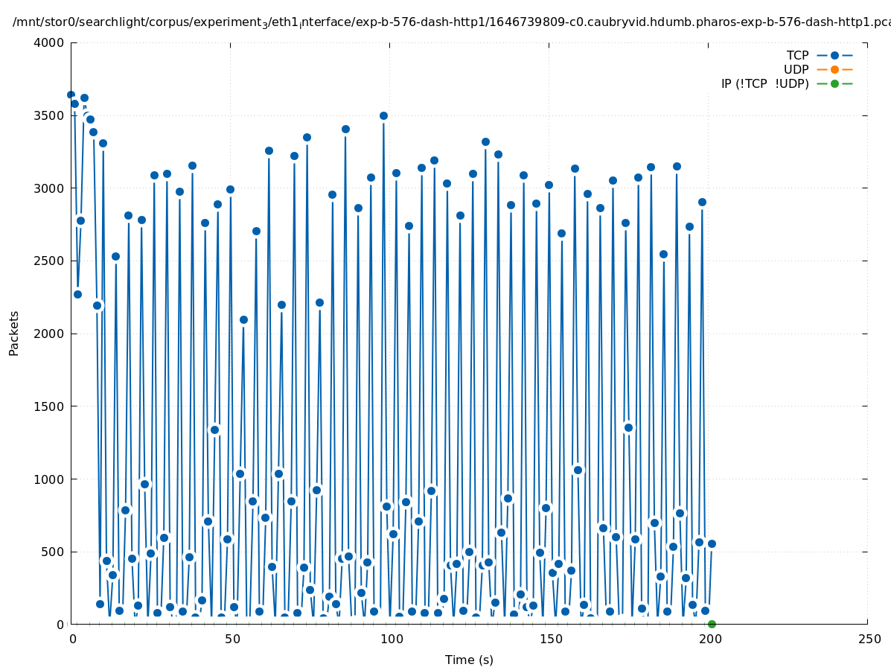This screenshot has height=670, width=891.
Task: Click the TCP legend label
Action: pyautogui.click(x=797, y=56)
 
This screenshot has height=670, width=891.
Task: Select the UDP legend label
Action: pyautogui.click(x=796, y=70)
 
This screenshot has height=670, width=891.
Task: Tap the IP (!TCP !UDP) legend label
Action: pyautogui.click(x=764, y=84)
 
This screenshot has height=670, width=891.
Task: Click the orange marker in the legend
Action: pyautogui.click(x=834, y=70)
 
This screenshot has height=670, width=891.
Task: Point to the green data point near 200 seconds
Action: pyautogui.click(x=712, y=624)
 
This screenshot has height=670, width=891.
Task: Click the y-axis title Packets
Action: pyautogui.click(x=14, y=334)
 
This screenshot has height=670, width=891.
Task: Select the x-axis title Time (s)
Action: pyautogui.click(x=469, y=660)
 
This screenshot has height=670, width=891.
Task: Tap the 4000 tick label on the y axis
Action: pyautogui.click(x=49, y=42)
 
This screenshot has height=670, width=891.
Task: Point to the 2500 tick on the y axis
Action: pyautogui.click(x=49, y=261)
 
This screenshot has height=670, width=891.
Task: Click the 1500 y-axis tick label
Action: pyautogui.click(x=49, y=406)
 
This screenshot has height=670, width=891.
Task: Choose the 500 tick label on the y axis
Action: pyautogui.click(x=54, y=552)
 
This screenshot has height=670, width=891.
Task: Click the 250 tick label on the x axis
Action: pyautogui.click(x=868, y=639)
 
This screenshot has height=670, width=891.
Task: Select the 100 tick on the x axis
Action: pyautogui.click(x=390, y=639)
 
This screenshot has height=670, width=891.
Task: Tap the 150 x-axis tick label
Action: pyautogui.click(x=549, y=639)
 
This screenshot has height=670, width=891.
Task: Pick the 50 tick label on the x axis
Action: pyautogui.click(x=231, y=639)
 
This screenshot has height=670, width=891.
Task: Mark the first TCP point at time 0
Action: pyautogui.click(x=71, y=95)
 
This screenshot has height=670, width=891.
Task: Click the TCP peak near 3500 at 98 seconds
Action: pyautogui.click(x=383, y=115)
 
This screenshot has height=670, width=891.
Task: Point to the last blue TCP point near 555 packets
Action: pyautogui.click(x=712, y=543)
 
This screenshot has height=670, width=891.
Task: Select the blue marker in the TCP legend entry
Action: pyautogui.click(x=834, y=56)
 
